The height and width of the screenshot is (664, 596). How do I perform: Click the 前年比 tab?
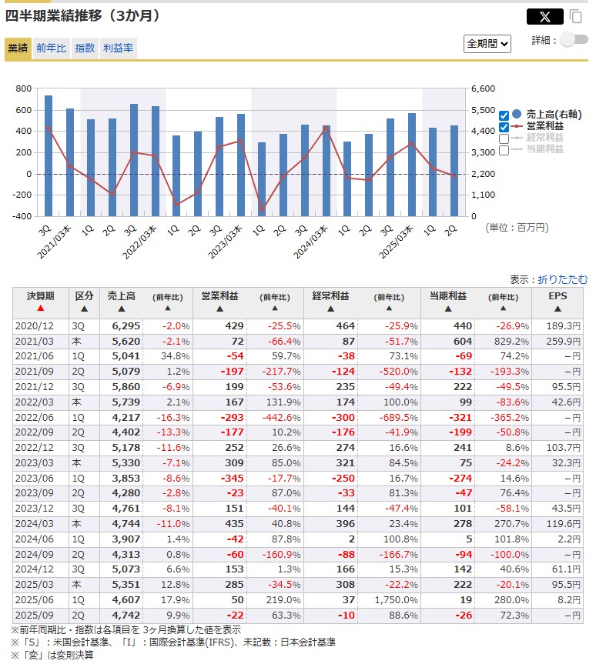coord(52,48)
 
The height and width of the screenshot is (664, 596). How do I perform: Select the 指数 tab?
coord(85,48)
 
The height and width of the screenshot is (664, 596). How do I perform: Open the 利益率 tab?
coord(118,48)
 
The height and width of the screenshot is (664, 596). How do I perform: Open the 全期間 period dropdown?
coord(487,44)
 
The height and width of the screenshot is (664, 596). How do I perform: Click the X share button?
coord(544,16)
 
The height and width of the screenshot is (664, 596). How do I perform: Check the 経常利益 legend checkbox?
coord(504,138)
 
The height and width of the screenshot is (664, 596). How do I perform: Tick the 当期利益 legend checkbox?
coord(504,150)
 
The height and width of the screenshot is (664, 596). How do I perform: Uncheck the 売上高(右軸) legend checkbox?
coord(504,115)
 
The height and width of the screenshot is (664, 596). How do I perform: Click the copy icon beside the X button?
coord(576,16)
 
